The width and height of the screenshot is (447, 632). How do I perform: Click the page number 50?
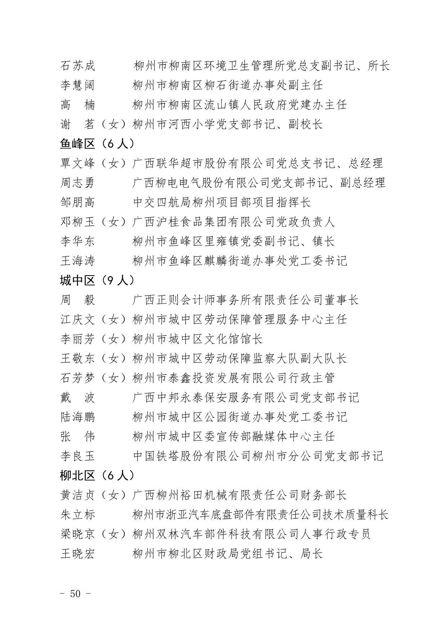tap(75, 593)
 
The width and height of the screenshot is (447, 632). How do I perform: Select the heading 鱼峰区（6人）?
tap(97, 144)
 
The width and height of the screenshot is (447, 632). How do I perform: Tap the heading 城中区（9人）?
tap(97, 280)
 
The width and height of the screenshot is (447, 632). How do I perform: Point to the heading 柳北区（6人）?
tap(97, 476)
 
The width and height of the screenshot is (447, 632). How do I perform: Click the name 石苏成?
tap(77, 66)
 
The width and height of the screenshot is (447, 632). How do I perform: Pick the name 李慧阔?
tap(77, 85)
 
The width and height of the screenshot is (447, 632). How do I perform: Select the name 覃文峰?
tap(77, 163)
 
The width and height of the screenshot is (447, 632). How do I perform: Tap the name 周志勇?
tap(77, 183)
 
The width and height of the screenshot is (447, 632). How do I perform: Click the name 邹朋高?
tap(77, 202)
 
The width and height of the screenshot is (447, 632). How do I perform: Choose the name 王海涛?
tap(77, 261)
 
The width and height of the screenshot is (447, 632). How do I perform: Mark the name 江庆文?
tap(77, 319)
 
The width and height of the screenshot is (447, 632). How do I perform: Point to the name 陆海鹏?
tap(77, 417)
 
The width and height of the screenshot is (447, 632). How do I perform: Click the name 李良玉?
tap(77, 456)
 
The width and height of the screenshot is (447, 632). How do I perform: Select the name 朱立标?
tap(77, 515)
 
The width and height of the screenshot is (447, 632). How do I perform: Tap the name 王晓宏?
tap(77, 553)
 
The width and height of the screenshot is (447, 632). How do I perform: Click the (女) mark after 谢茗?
tap(113, 124)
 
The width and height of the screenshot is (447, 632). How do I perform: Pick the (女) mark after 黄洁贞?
tap(113, 495)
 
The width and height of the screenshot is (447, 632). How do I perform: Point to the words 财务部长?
tap(323, 495)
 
